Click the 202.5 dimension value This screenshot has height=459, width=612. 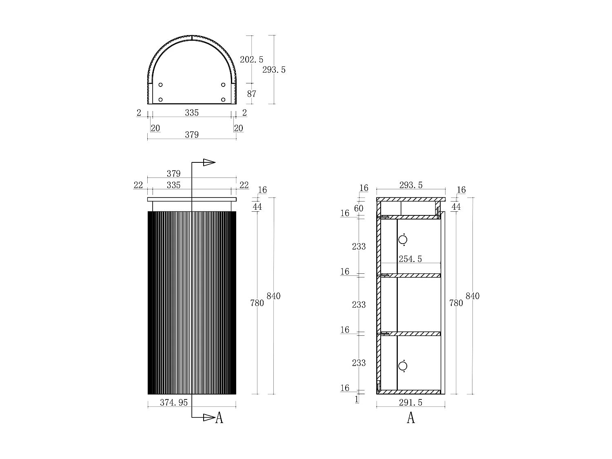(x=251, y=60)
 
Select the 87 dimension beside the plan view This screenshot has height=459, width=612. (x=252, y=94)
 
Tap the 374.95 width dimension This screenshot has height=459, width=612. (x=174, y=403)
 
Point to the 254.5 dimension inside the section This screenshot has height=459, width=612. (x=410, y=259)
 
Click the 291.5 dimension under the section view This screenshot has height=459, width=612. (x=410, y=403)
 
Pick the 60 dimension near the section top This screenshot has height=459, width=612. (x=359, y=208)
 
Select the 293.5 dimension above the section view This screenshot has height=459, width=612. (x=410, y=185)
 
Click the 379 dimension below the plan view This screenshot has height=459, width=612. (x=191, y=135)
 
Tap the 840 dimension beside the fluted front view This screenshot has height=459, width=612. (x=273, y=296)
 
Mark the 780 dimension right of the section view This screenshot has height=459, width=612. (x=456, y=303)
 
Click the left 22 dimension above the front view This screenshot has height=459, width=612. (x=138, y=185)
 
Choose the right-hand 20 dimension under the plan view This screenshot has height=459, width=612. (x=238, y=129)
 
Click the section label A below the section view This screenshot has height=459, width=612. (x=411, y=418)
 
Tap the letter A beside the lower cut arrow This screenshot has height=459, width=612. (x=219, y=418)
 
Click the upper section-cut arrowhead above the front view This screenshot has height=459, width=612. (x=209, y=162)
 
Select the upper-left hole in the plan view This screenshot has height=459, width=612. (x=160, y=85)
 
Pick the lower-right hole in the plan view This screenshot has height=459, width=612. (x=223, y=100)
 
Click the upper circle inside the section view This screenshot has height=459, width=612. (x=403, y=239)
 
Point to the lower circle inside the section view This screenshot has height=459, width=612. (x=403, y=366)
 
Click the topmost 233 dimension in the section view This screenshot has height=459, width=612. (x=359, y=246)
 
